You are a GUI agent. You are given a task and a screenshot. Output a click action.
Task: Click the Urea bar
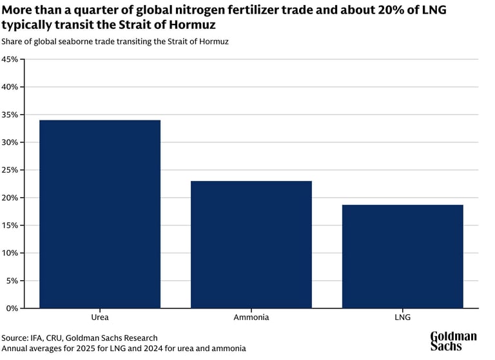100,214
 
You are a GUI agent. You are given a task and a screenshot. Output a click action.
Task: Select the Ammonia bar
251,245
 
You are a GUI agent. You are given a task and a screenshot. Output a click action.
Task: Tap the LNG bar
402,256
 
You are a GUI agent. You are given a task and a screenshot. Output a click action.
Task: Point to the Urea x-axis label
100,317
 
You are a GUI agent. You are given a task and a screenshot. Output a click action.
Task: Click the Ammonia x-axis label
251,317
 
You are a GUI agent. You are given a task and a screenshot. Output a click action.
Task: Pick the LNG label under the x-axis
402,317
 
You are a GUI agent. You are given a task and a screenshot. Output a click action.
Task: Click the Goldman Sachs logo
453,341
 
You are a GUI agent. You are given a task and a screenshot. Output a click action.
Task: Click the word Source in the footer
15,338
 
